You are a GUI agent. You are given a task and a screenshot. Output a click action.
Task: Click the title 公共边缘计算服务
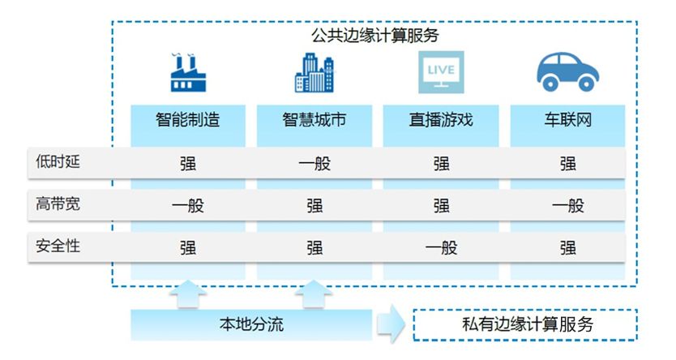tap(374, 36)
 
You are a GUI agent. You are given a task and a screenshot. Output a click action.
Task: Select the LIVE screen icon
tap(441, 72)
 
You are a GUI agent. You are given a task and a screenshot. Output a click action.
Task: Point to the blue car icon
tap(567, 72)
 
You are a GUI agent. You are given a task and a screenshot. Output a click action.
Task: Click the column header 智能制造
tap(188, 121)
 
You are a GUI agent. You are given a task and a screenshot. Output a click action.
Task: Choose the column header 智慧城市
tap(314, 121)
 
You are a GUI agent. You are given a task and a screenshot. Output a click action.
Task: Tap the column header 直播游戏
tap(441, 121)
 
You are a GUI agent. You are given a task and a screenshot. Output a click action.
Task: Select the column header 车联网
tap(567, 121)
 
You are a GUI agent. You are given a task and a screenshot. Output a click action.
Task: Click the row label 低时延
tap(58, 162)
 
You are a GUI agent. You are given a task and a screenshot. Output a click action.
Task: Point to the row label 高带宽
tap(58, 204)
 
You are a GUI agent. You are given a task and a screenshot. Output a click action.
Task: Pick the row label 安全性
tap(58, 246)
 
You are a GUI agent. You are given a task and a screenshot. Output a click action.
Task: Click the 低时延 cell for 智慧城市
tap(314, 163)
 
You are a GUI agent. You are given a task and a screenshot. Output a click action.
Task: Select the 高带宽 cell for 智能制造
tap(188, 205)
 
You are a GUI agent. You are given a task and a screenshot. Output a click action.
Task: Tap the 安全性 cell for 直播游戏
tap(441, 247)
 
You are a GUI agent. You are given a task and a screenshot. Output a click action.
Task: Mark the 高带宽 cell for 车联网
tap(567, 205)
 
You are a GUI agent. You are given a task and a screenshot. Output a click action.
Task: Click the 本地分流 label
tap(251, 325)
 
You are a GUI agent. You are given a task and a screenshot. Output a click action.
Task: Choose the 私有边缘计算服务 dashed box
tap(524, 325)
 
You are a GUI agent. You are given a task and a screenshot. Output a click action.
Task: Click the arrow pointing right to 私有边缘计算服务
tap(391, 325)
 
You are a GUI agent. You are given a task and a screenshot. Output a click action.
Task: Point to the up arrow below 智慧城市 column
tap(314, 294)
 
